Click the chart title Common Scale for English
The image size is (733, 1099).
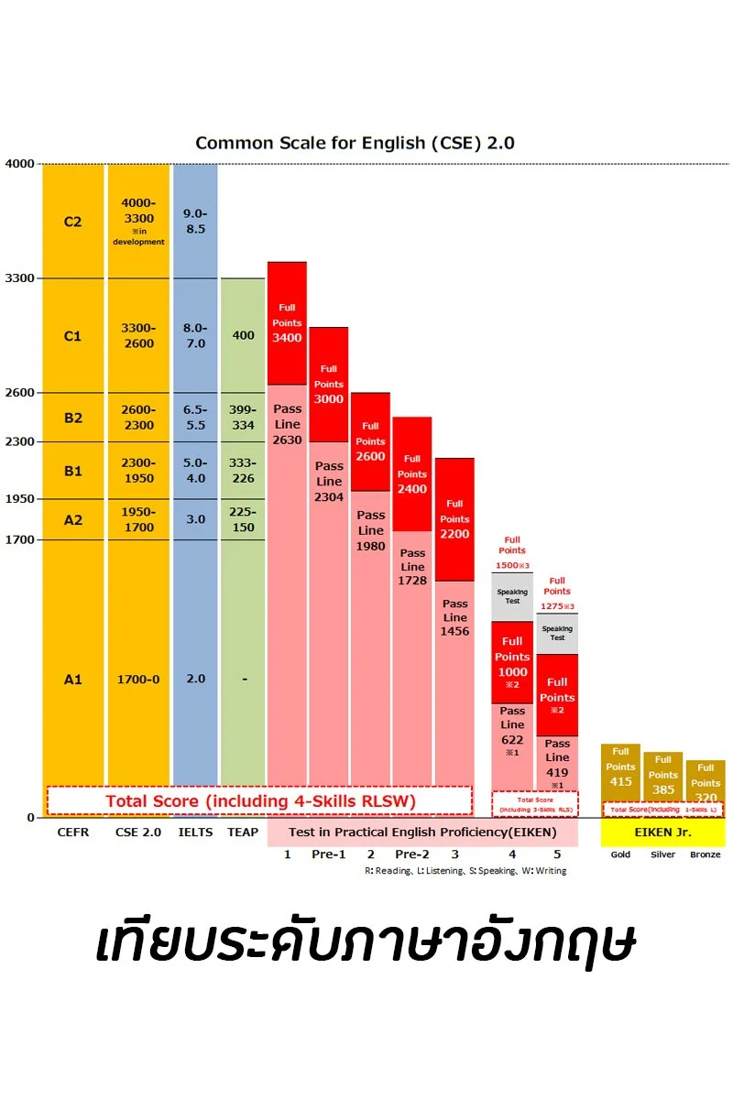pyautogui.click(x=355, y=143)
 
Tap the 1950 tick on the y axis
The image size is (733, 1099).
pyautogui.click(x=20, y=498)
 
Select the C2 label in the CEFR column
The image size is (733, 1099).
pyautogui.click(x=72, y=222)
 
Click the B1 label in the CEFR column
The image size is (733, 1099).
pyautogui.click(x=72, y=471)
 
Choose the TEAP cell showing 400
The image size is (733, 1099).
pyautogui.click(x=243, y=335)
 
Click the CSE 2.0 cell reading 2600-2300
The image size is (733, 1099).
pyautogui.click(x=138, y=418)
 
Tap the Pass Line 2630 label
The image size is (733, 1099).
pyautogui.click(x=287, y=425)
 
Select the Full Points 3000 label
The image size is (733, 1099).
pyautogui.click(x=328, y=385)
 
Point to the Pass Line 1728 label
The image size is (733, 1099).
pyautogui.click(x=412, y=566)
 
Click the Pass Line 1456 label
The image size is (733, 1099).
pyautogui.click(x=454, y=617)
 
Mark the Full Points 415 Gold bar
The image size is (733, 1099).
pyautogui.click(x=620, y=767)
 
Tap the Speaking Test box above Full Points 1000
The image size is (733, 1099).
pyautogui.click(x=512, y=596)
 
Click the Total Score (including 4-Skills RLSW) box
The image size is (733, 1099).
pyautogui.click(x=260, y=801)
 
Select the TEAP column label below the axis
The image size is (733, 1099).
pyautogui.click(x=243, y=832)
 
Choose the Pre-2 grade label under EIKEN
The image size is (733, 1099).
pyautogui.click(x=412, y=854)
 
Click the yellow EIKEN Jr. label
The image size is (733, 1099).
pyautogui.click(x=662, y=832)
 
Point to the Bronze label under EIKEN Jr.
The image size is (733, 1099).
pyautogui.click(x=705, y=854)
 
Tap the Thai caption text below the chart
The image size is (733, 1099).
pyautogui.click(x=366, y=942)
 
